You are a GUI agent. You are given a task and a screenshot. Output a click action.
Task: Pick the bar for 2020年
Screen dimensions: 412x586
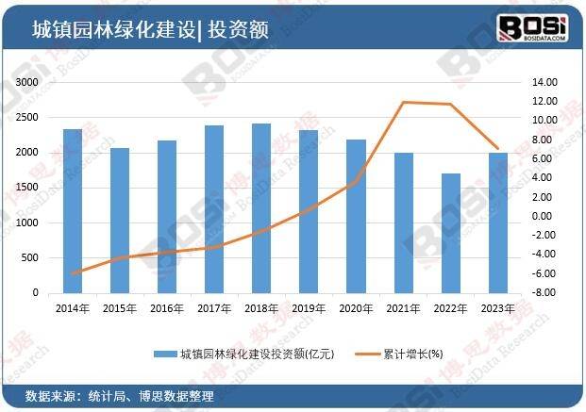[x=357, y=216]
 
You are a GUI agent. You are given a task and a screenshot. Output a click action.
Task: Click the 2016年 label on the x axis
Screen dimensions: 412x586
[x=166, y=307]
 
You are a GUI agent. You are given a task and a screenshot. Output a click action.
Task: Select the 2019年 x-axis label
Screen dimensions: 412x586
[x=309, y=307]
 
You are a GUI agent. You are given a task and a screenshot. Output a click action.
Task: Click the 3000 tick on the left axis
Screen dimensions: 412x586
[x=27, y=83]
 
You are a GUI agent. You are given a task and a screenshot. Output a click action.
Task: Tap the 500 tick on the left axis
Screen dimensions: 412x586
[x=31, y=257]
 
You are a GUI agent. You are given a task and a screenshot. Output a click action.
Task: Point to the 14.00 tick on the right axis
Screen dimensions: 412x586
[x=545, y=83]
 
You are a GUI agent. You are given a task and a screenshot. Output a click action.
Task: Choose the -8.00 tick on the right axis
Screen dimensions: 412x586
[x=544, y=292]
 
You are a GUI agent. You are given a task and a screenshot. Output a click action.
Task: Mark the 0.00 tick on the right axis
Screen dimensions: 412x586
[x=546, y=216]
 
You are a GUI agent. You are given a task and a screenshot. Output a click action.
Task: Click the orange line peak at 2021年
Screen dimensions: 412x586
[x=404, y=102]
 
